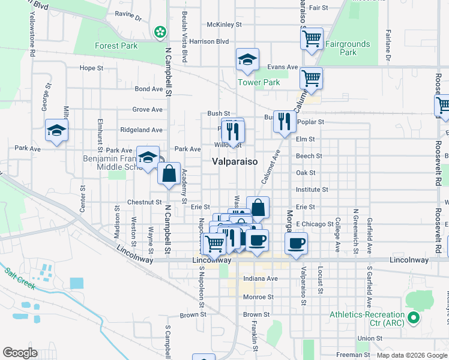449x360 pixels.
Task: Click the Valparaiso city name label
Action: coord(235,162)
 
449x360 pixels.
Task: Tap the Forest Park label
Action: coord(116,46)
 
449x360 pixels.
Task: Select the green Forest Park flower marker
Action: coord(160,32)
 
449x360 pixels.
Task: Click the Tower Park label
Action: coord(259,82)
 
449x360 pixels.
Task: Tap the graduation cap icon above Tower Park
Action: coord(247,59)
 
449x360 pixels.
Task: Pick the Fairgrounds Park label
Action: coord(348,48)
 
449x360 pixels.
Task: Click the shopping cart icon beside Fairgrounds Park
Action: coord(312,39)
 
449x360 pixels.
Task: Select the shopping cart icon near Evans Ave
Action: coord(312,77)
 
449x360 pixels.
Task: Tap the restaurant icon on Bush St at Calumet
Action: coord(285,121)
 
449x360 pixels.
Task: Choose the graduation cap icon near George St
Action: coord(56,130)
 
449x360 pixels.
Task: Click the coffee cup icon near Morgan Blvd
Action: coord(296,242)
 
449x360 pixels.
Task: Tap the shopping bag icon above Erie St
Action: coord(258,208)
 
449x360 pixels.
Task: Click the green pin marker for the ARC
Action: coord(413,317)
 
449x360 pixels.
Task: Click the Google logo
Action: coord(20,353)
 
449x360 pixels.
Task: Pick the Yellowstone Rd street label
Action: coord(30,32)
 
